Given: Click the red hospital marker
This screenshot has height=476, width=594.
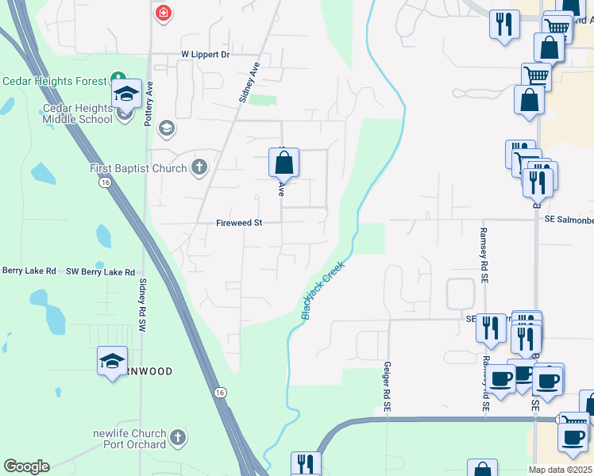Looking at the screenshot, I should point(163,13).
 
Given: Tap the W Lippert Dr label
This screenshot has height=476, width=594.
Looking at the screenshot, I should point(205,55).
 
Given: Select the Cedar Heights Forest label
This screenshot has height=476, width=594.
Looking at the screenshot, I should point(54,81).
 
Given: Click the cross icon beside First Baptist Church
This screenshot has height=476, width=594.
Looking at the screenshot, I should point(199,167).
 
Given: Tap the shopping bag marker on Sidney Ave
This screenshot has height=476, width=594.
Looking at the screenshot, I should point(283,164).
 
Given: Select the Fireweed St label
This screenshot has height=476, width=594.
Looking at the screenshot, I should point(239,224).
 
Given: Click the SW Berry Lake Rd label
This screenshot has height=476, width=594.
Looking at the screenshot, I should point(100,272).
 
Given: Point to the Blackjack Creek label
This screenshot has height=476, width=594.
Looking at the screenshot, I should point(323,290).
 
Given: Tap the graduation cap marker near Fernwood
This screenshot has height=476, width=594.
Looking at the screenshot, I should point(112,361).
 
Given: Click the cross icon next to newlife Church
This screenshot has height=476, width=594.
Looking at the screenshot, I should point(179,437).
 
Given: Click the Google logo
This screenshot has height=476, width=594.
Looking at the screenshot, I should point(26,466).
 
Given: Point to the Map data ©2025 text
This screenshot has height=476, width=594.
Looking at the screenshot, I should point(561,470).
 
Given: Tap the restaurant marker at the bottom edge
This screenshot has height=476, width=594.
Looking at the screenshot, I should point(305,464).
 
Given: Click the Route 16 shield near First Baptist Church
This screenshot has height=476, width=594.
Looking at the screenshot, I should point(104,182).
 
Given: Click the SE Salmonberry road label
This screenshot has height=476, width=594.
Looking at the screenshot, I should point(569,220).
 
